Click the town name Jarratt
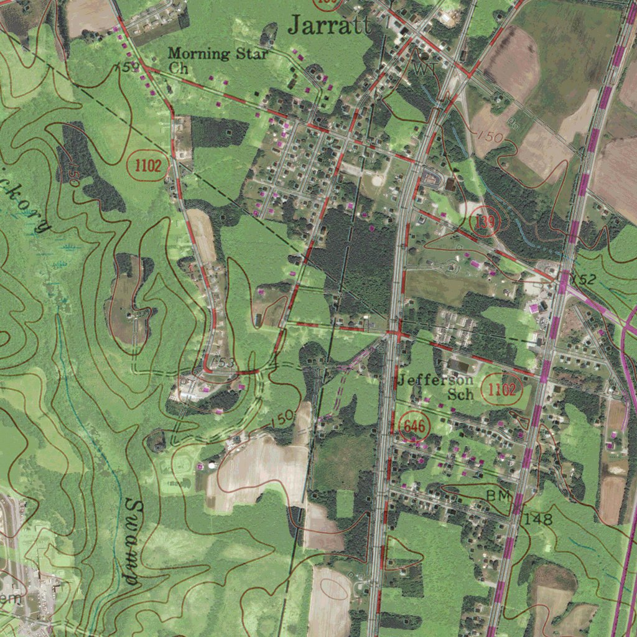click(330, 24)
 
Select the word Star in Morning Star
click(251, 53)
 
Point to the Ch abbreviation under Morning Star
click(179, 68)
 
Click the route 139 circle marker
click(484, 223)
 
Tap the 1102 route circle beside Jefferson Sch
click(501, 390)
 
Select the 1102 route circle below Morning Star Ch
click(148, 165)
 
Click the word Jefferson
click(435, 379)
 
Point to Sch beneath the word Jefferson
click(461, 394)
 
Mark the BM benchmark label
click(498, 496)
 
